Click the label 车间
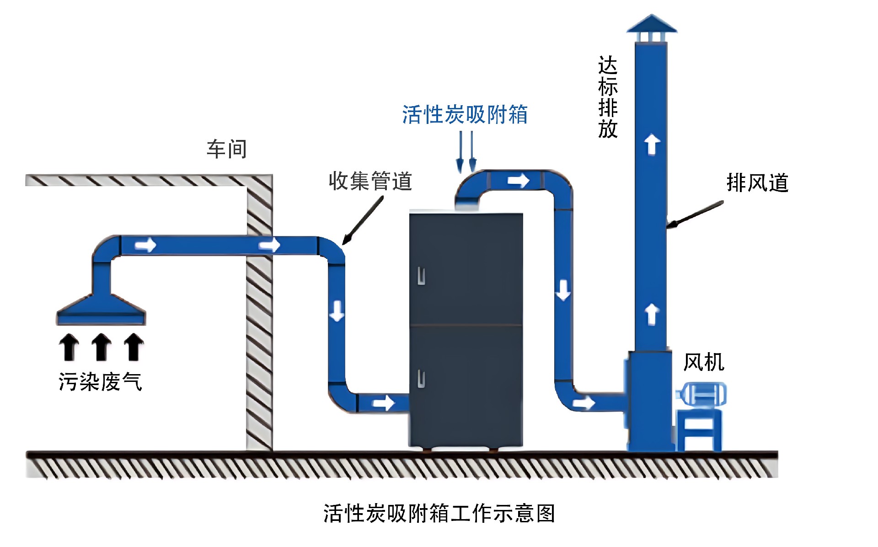pyautogui.click(x=227, y=150)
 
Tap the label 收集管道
pyautogui.click(x=370, y=181)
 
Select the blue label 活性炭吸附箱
pyautogui.click(x=465, y=114)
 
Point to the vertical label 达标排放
pyautogui.click(x=608, y=97)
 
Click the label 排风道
pyautogui.click(x=758, y=182)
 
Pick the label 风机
pyautogui.click(x=704, y=362)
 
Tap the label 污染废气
pyautogui.click(x=100, y=382)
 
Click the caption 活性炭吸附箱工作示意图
pyautogui.click(x=439, y=513)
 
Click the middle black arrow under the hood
pyautogui.click(x=101, y=347)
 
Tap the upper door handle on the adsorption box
pyautogui.click(x=421, y=276)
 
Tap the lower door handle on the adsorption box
pyautogui.click(x=421, y=379)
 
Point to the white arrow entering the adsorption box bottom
pyautogui.click(x=383, y=403)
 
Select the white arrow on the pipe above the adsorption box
pyautogui.click(x=519, y=181)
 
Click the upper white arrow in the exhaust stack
pyautogui.click(x=652, y=144)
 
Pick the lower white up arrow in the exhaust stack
pyautogui.click(x=652, y=314)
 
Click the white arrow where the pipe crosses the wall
pyautogui.click(x=270, y=245)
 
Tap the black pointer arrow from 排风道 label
pyautogui.click(x=695, y=214)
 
